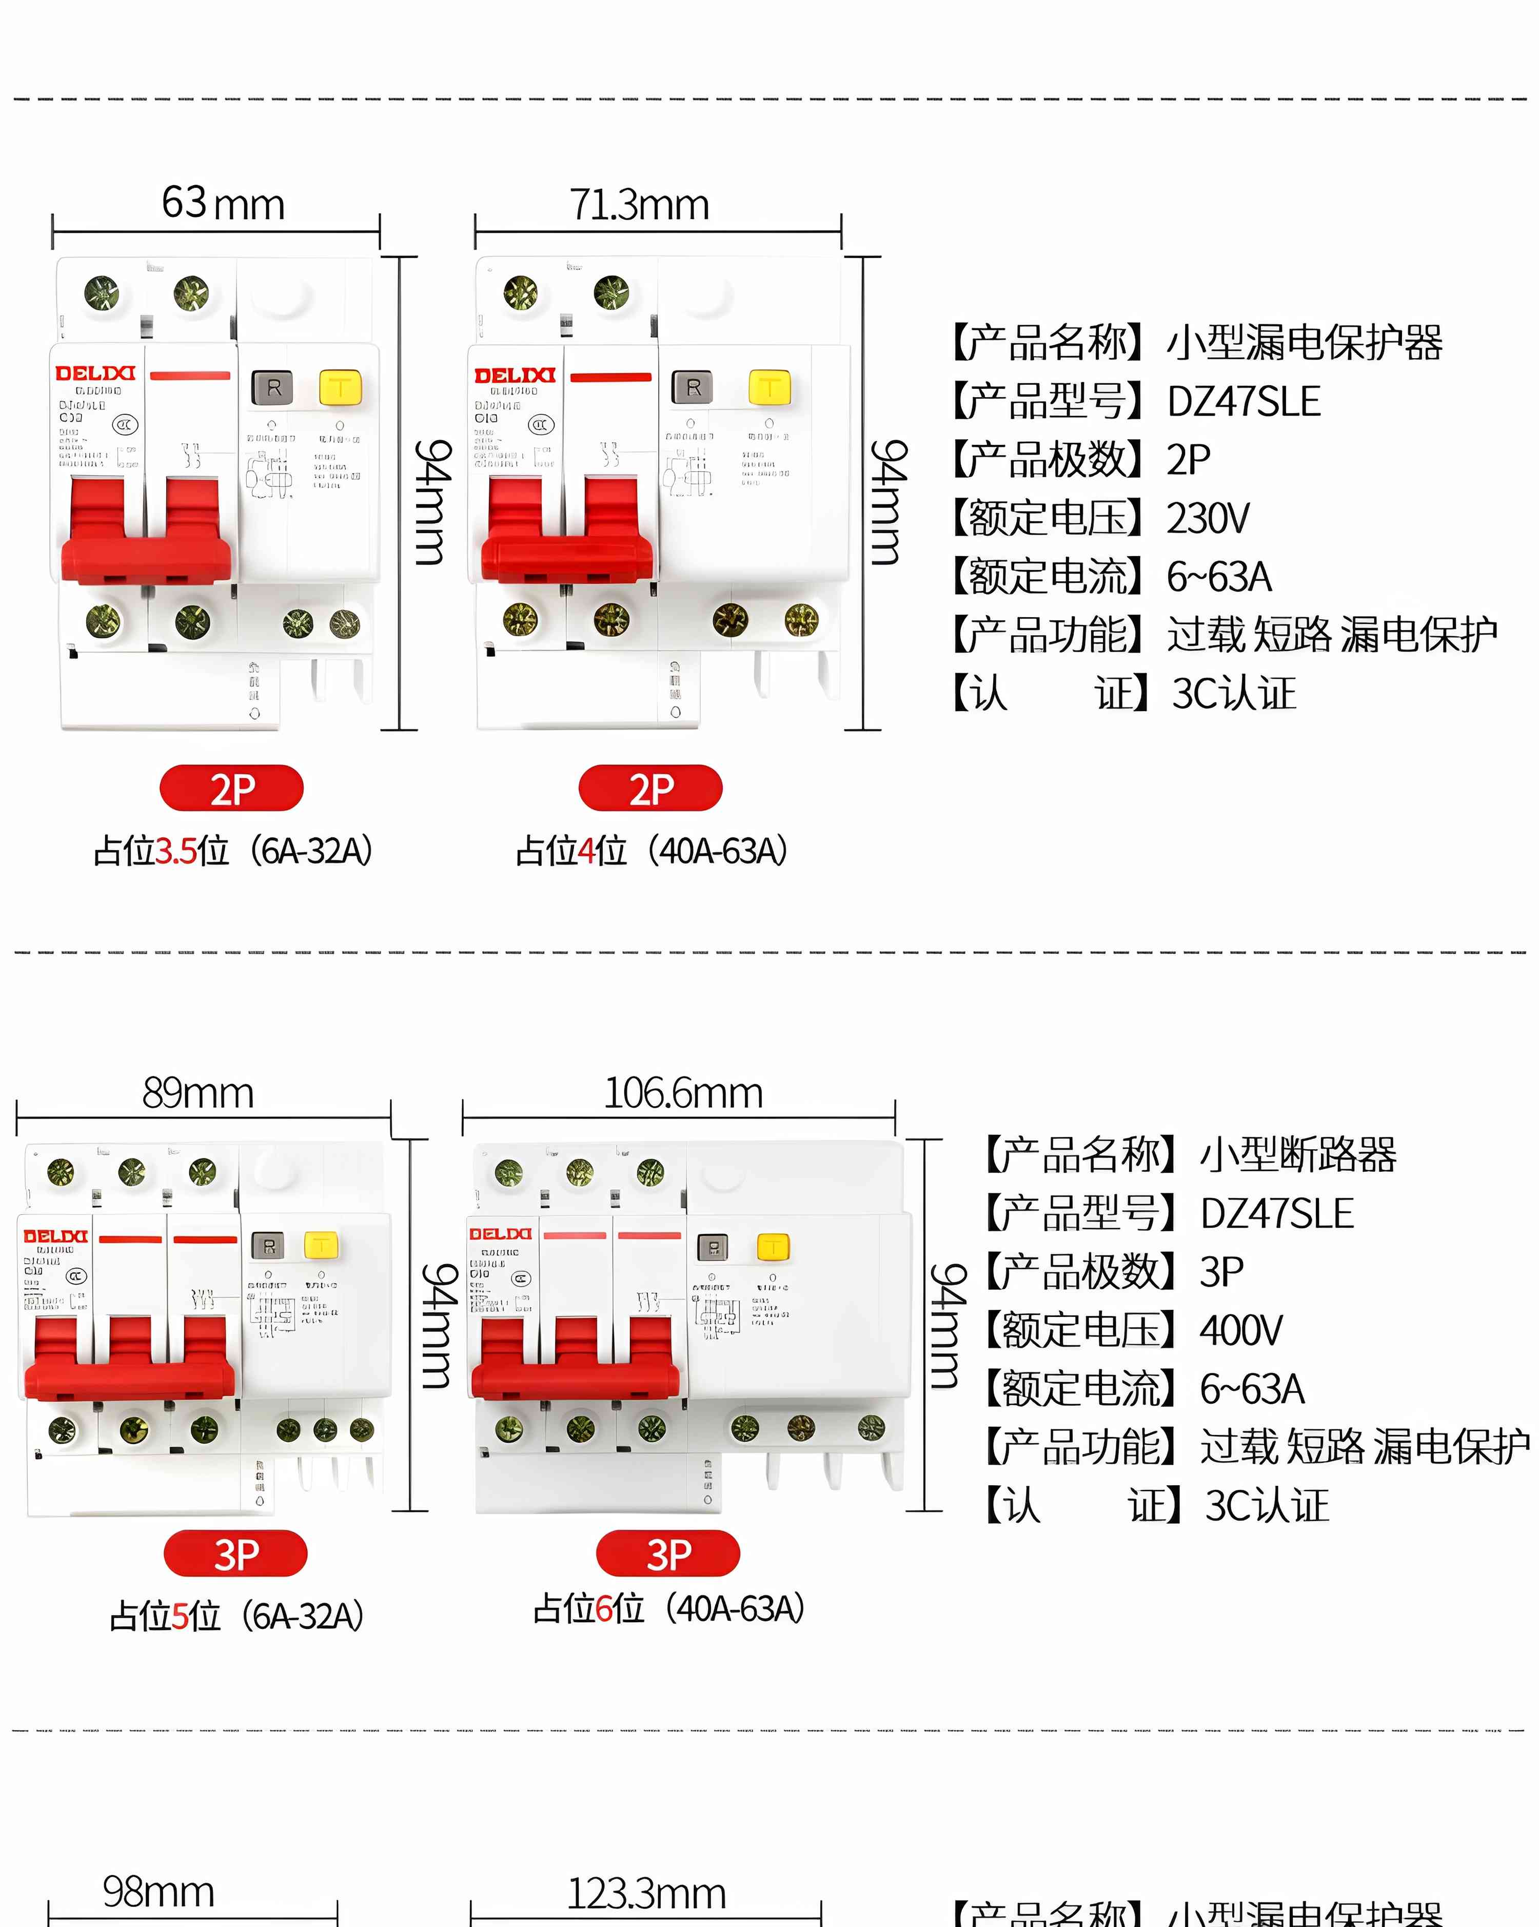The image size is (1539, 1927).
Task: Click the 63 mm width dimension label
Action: coord(223,204)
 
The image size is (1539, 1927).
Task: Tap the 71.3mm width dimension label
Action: coord(640,205)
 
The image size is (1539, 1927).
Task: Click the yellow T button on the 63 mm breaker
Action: coord(340,388)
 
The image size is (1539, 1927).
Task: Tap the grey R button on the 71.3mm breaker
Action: coord(693,388)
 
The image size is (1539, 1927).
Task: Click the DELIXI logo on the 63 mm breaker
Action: coord(95,373)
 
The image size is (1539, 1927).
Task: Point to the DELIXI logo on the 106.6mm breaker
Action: coord(501,1234)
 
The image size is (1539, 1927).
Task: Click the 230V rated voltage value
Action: coord(1208,518)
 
